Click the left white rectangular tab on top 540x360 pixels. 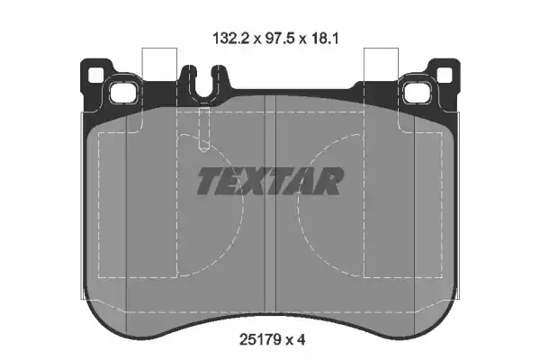pos(157,67)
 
